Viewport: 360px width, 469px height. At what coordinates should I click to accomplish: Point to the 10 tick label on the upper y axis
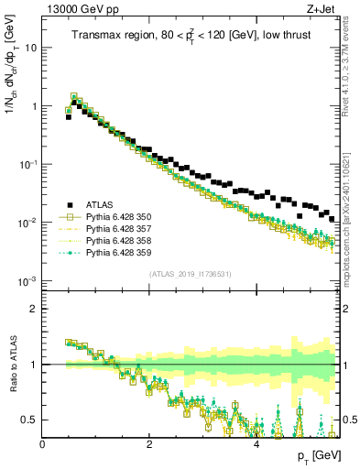(29, 48)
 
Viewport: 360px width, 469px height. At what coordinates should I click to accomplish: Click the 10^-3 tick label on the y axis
(27, 280)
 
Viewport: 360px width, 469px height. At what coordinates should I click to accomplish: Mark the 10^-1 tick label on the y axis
(27, 164)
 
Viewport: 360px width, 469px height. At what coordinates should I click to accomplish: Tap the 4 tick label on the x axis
(256, 444)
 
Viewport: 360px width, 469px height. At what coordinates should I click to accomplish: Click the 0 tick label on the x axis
(43, 444)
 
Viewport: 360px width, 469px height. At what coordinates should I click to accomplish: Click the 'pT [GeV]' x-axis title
(318, 455)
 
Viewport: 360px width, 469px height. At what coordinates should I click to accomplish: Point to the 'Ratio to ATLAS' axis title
(12, 365)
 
